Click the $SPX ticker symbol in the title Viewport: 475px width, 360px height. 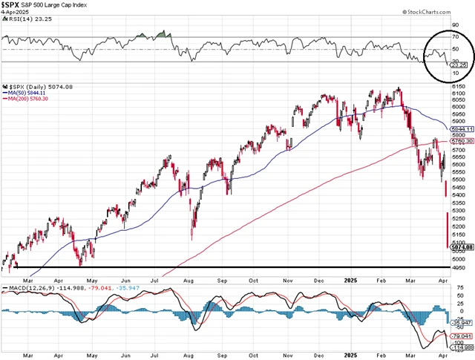[x=12, y=5]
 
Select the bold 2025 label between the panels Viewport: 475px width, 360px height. [x=352, y=280]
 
